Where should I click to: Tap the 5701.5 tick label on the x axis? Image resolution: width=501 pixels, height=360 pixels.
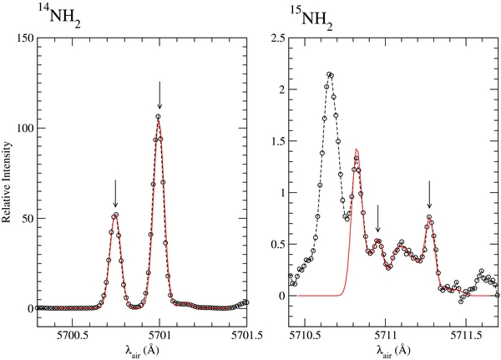coord(247,329)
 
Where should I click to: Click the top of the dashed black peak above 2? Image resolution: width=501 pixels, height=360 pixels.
coord(330,74)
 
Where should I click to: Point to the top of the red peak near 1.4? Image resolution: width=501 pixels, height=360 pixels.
coord(357,150)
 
